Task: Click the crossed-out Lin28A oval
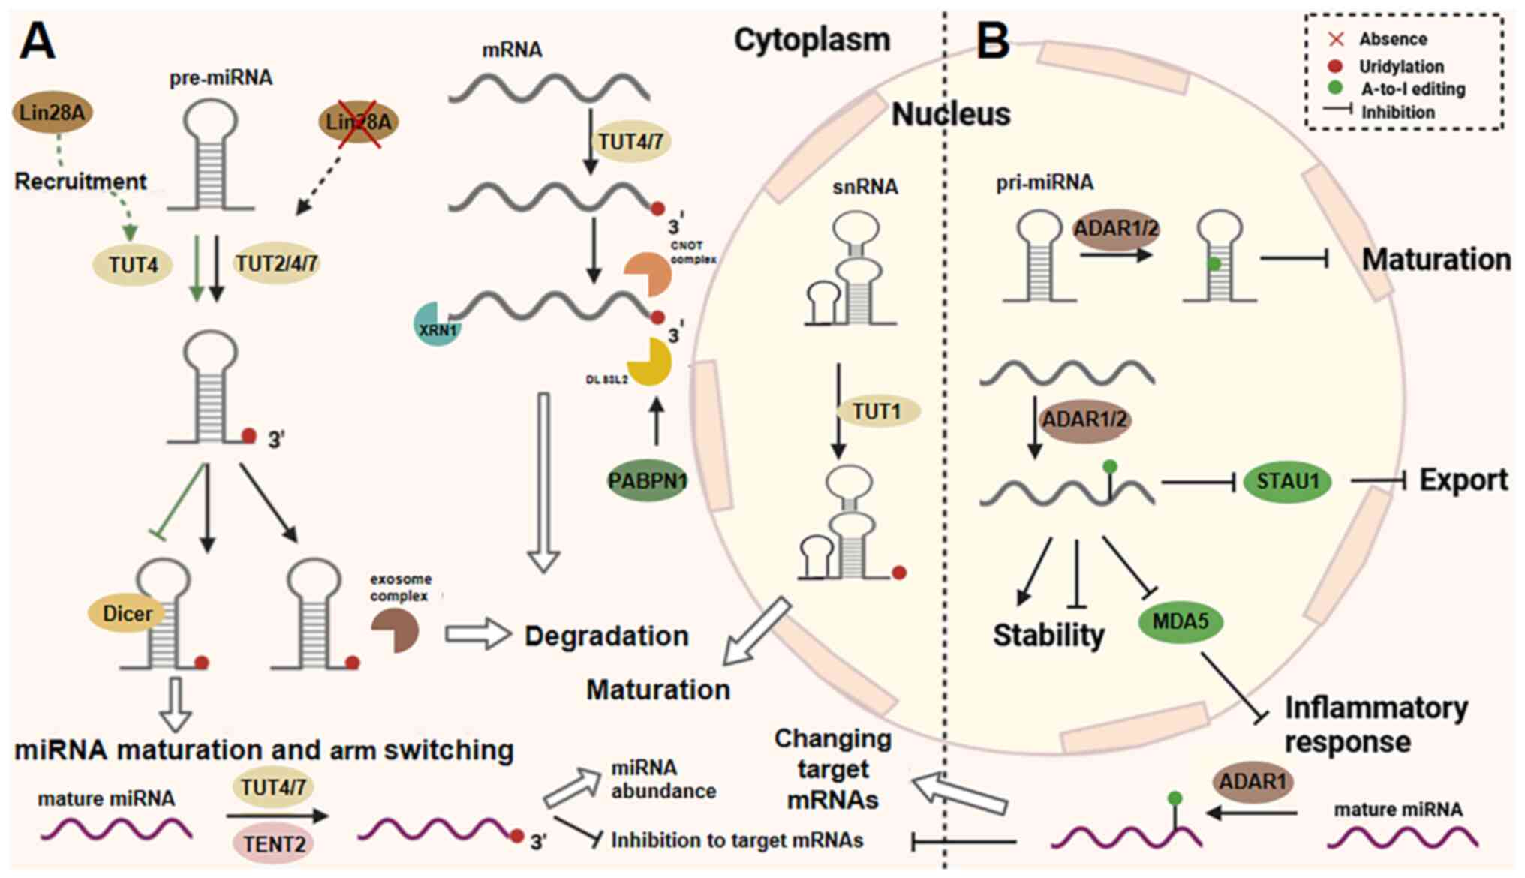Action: click(358, 122)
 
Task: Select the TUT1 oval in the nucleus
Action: click(877, 411)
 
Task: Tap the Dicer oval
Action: click(127, 614)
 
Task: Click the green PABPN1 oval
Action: click(647, 480)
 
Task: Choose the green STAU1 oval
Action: click(1287, 481)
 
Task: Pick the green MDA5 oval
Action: click(1180, 621)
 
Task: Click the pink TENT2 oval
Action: click(275, 843)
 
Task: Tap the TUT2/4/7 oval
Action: click(276, 263)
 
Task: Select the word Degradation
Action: click(606, 636)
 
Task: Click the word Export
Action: click(1463, 480)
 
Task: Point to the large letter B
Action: click(992, 41)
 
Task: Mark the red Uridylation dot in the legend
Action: click(1335, 66)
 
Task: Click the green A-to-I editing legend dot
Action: click(1335, 88)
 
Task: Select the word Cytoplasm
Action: click(812, 40)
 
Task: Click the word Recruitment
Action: click(80, 182)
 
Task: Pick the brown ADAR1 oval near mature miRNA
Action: click(1252, 782)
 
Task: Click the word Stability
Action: click(1048, 636)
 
